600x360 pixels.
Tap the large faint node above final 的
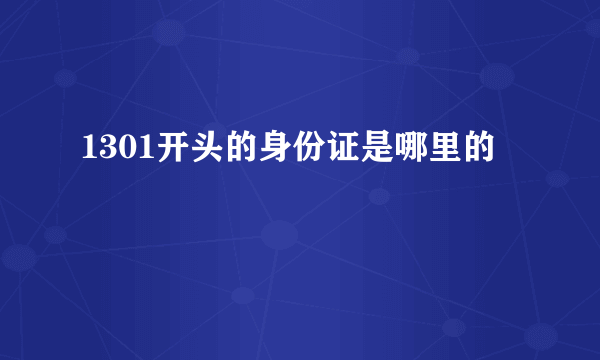click(x=497, y=76)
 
